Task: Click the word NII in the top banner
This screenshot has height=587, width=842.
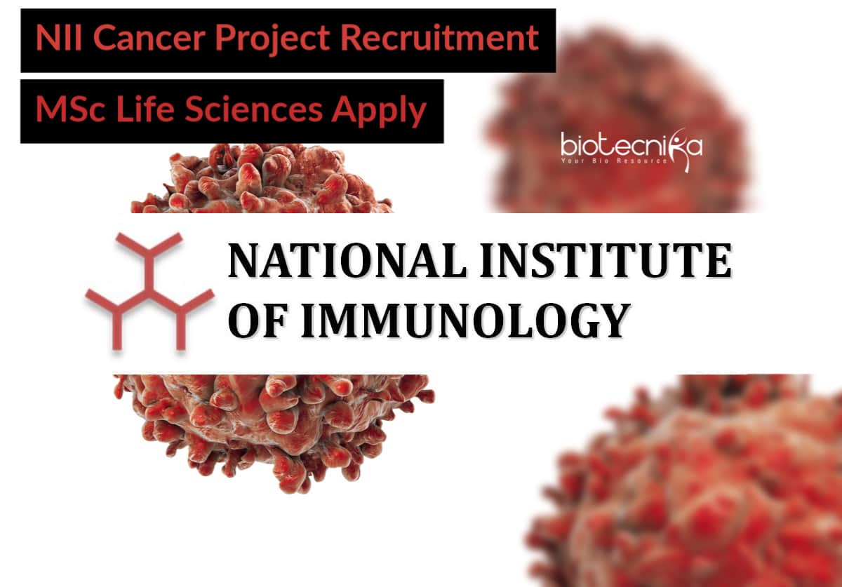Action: pyautogui.click(x=59, y=38)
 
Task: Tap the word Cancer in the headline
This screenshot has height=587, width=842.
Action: pyautogui.click(x=149, y=38)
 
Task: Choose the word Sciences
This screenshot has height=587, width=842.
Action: pyautogui.click(x=254, y=109)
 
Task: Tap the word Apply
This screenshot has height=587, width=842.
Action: pyautogui.click(x=378, y=112)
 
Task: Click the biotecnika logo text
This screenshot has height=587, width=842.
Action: pyautogui.click(x=631, y=145)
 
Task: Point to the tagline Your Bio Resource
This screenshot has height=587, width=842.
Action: pyautogui.click(x=614, y=161)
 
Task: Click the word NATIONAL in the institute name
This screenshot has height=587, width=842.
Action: pyautogui.click(x=348, y=261)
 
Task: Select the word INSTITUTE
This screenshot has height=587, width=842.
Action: pyautogui.click(x=606, y=261)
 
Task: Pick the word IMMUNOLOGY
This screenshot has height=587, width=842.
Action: pyautogui.click(x=466, y=321)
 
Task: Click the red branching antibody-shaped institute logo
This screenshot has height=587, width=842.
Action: pyautogui.click(x=150, y=292)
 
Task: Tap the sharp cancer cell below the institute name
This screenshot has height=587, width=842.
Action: pyautogui.click(x=274, y=433)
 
